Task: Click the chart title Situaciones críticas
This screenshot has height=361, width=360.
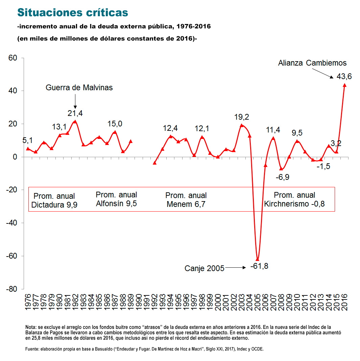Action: [72, 13]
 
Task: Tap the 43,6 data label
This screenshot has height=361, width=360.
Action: [344, 76]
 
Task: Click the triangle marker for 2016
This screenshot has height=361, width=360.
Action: [344, 85]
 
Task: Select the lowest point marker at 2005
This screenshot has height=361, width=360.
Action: [258, 259]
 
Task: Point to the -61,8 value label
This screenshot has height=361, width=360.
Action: [259, 266]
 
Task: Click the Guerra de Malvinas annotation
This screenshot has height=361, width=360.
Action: [79, 88]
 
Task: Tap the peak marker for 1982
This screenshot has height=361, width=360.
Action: [75, 121]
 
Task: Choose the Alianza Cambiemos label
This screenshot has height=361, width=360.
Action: [312, 63]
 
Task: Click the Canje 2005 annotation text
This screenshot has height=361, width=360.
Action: [204, 268]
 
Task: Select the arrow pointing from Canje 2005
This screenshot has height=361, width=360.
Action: [236, 267]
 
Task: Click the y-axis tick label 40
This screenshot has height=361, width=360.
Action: [13, 91]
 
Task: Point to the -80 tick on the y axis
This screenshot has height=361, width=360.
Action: [12, 289]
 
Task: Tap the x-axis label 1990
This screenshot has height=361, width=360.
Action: [139, 302]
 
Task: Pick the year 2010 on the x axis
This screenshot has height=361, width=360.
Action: [297, 302]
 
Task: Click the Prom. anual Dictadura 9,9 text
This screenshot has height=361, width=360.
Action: [54, 200]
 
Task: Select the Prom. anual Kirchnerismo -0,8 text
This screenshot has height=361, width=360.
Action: [294, 199]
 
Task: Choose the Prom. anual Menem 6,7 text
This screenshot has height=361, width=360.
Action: [186, 200]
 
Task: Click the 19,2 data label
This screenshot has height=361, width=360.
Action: [241, 117]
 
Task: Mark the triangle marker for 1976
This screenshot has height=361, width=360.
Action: [28, 149]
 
